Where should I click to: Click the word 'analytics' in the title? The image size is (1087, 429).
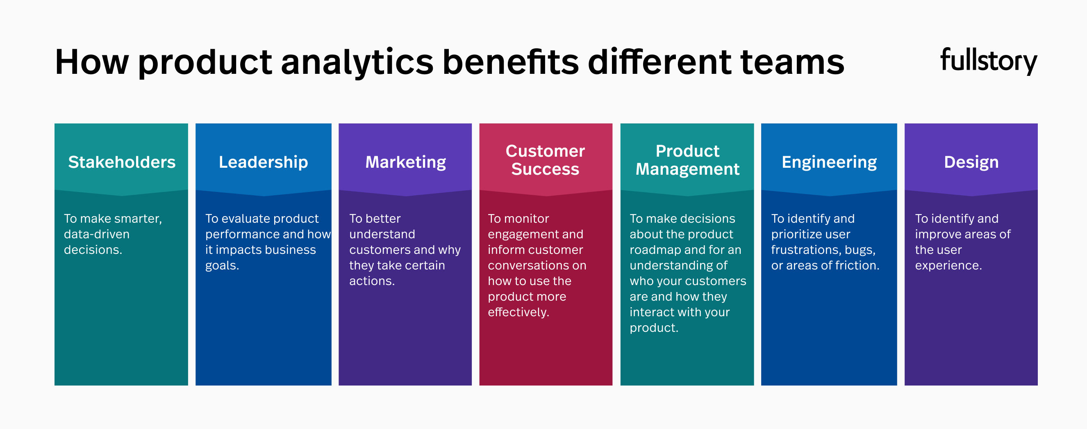357,63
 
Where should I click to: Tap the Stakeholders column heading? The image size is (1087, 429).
121,162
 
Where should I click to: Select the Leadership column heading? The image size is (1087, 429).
263,162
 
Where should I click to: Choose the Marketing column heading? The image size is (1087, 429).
405,162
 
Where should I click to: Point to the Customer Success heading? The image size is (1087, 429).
545,160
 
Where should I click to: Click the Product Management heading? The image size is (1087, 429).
687,160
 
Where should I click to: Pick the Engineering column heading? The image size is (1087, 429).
829,162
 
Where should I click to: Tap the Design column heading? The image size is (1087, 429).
971,162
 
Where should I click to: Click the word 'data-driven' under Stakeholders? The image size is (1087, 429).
97,234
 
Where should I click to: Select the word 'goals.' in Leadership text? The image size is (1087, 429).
222,266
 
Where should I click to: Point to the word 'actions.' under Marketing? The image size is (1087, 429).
372,281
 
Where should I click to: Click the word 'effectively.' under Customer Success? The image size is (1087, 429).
518,313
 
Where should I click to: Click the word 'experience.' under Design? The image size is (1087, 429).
948,266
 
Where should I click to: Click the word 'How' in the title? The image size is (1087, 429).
91,63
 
